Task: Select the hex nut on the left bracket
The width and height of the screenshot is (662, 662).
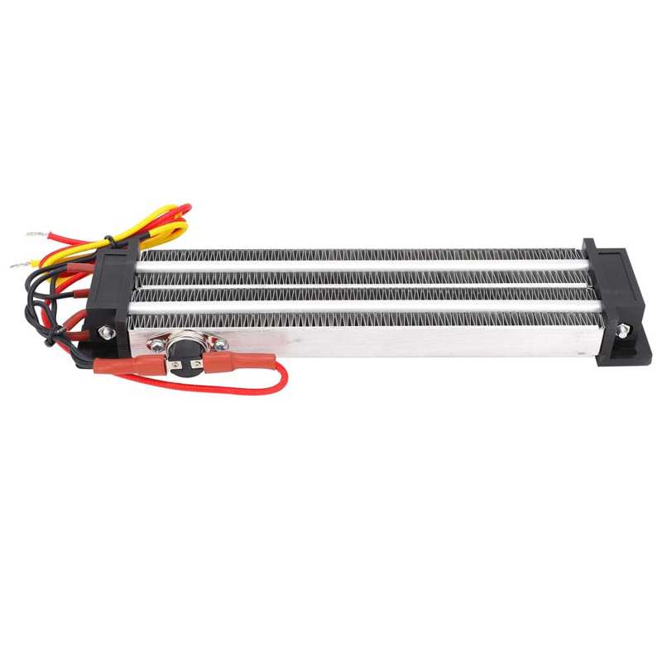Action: tap(106, 331)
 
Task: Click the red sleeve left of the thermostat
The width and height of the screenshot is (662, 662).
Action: tap(128, 365)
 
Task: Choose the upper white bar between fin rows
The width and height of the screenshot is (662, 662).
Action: tap(364, 266)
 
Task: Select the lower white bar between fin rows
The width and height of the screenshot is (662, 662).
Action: tap(364, 306)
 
